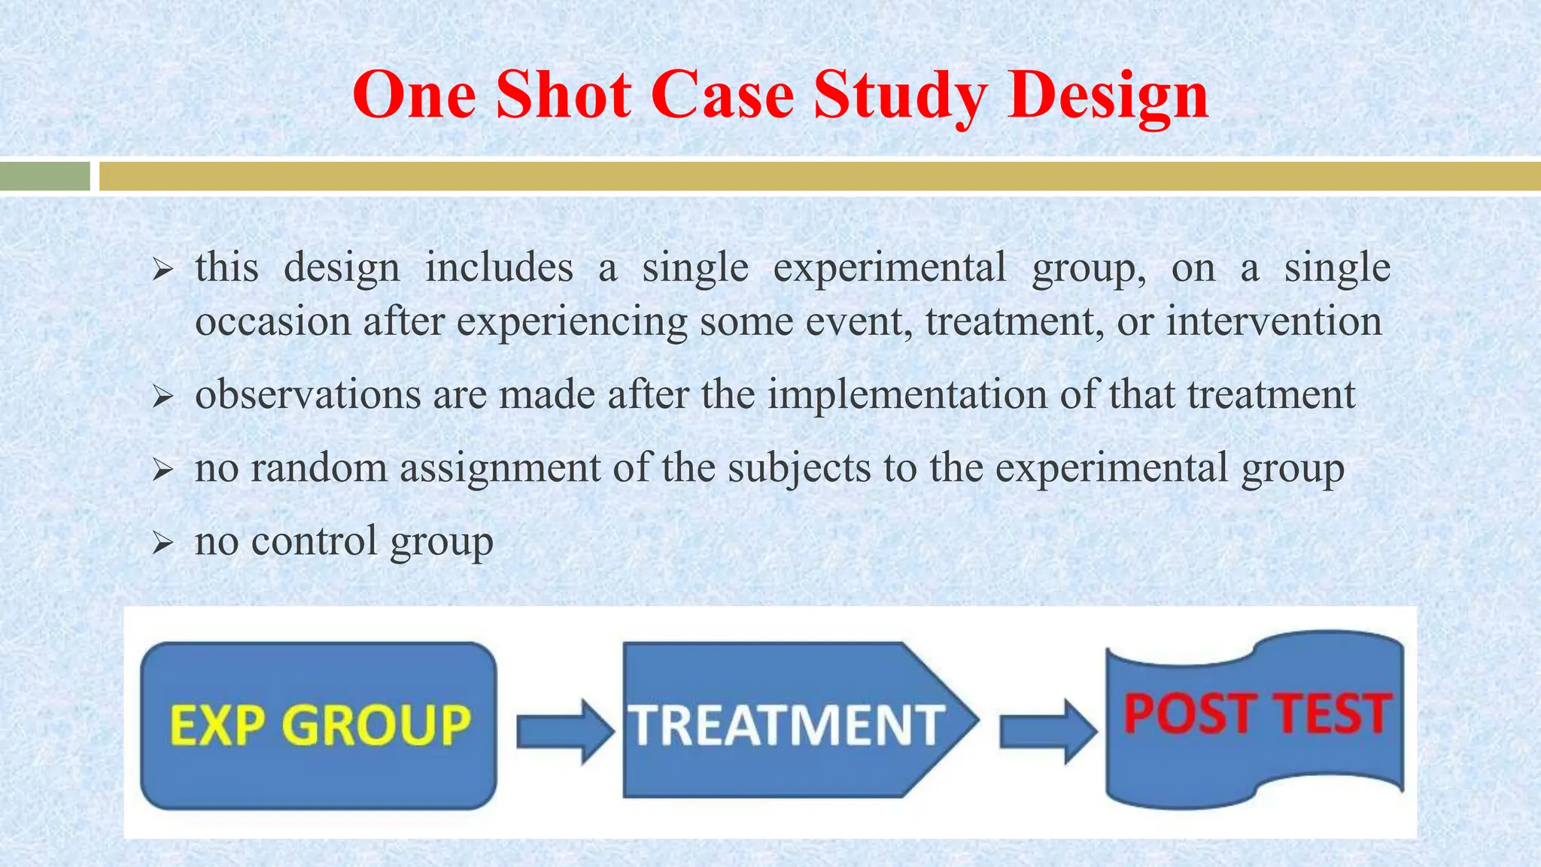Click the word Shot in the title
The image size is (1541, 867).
563,96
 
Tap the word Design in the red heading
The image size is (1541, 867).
1108,96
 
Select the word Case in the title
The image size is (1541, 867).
722,96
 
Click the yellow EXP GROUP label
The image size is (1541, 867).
320,726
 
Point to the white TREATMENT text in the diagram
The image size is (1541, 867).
787,726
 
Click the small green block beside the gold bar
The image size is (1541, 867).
45,177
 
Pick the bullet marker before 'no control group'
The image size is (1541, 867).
163,543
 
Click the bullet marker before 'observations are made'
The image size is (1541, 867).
163,396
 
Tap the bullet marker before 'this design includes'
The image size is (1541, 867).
163,269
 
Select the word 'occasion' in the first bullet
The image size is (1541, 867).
273,321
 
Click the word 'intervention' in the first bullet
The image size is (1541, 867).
1274,321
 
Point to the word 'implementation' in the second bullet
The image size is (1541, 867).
907,394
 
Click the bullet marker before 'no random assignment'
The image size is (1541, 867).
163,470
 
